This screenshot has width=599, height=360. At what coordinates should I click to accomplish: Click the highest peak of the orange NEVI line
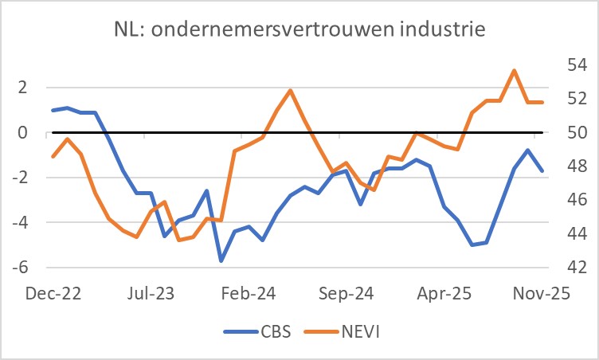pyautogui.click(x=514, y=70)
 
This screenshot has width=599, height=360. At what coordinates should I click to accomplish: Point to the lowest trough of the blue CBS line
pyautogui.click(x=221, y=260)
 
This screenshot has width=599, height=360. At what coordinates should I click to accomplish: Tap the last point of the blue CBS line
pyautogui.click(x=542, y=170)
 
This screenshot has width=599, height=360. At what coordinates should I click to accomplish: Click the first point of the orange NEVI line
pyautogui.click(x=53, y=156)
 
